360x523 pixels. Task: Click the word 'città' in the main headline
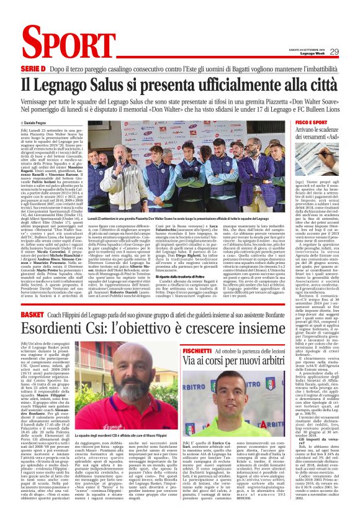pyautogui.click(x=323, y=83)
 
